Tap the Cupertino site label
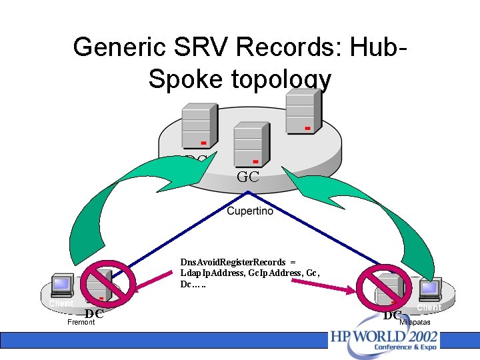coord(250,211)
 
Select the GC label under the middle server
coord(248,177)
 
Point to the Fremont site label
coord(81,323)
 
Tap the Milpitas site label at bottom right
coord(415,323)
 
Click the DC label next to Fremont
coord(94,314)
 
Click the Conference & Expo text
coord(405,347)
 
